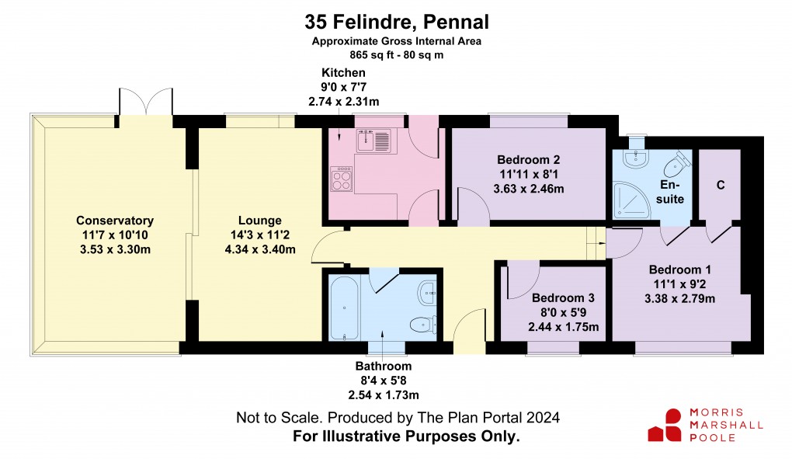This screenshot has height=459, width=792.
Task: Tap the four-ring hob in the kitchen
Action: point(342,180)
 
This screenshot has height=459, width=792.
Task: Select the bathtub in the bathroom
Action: point(343,310)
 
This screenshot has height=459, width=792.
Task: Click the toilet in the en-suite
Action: point(679,162)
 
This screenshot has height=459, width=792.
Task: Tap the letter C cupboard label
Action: point(720,185)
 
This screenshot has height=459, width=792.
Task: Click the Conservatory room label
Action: point(115,221)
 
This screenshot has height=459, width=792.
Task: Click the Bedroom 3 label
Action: point(563,297)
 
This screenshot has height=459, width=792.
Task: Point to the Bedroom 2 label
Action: point(528,159)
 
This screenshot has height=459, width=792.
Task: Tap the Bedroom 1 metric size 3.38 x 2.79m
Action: point(679,298)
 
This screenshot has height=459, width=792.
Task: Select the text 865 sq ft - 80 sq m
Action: point(396,55)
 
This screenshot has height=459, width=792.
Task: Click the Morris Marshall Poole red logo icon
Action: point(663,426)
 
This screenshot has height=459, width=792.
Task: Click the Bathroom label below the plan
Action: point(384,366)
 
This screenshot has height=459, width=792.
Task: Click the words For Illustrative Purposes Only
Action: point(405,436)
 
